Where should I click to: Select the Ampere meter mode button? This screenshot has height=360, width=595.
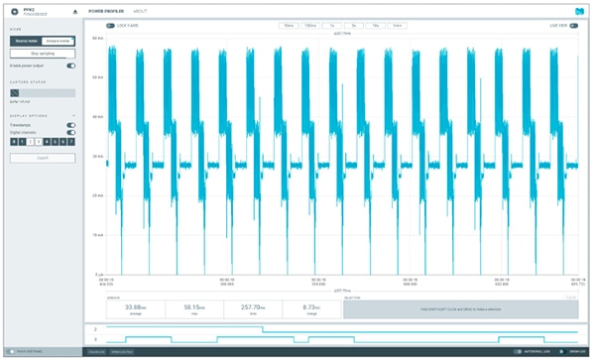click(59, 42)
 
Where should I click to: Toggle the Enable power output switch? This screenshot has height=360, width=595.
click(70, 65)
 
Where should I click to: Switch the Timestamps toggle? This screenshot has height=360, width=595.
click(70, 124)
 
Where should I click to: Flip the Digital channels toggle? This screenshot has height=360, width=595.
click(70, 132)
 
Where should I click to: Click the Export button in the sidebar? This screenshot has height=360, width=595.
click(43, 158)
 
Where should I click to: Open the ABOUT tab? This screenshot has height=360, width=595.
click(140, 10)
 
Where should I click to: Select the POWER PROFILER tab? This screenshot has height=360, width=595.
click(105, 10)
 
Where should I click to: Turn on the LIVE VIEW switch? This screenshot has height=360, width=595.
click(583, 26)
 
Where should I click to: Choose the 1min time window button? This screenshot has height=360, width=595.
click(397, 26)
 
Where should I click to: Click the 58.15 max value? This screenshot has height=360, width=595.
click(194, 306)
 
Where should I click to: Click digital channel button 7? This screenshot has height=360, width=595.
click(71, 143)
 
